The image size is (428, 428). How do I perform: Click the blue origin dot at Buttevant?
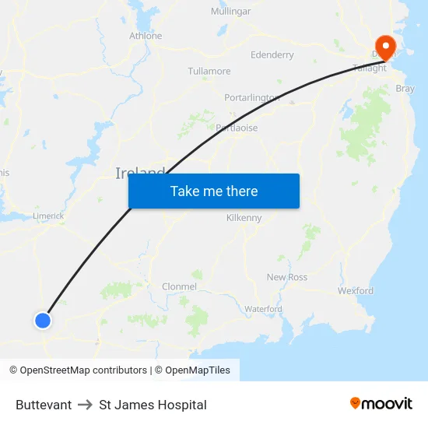tap(43, 320)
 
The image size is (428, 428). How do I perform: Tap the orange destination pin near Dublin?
tap(384, 45)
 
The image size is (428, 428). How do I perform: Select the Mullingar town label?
tap(230, 12)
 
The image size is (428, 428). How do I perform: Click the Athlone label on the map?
tap(146, 36)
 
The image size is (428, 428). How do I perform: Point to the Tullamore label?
tap(209, 71)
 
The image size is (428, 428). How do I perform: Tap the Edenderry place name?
tap(272, 55)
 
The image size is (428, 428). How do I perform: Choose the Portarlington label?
tap(251, 97)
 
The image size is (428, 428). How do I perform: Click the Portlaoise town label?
tap(237, 128)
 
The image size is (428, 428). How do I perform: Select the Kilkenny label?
tap(244, 218)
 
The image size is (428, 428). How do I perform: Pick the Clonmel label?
tap(179, 286)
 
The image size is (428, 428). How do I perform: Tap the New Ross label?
tap(287, 277)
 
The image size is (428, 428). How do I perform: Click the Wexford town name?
tap(356, 291)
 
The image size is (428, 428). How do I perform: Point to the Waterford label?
tap(263, 309)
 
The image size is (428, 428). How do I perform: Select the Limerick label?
tap(48, 216)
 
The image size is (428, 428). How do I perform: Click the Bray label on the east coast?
tap(405, 89)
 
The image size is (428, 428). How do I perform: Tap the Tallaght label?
tap(370, 68)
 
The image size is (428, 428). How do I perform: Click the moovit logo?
tap(381, 404)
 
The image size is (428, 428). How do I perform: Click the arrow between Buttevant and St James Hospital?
tap(86, 405)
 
